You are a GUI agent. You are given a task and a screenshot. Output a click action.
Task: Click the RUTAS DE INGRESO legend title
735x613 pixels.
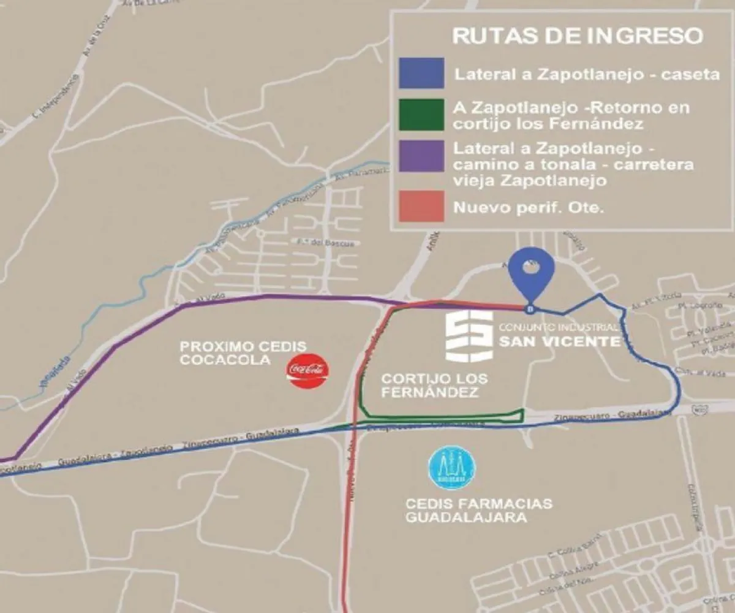[x=576, y=35]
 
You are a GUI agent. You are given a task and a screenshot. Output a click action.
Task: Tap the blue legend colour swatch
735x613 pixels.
[x=421, y=74]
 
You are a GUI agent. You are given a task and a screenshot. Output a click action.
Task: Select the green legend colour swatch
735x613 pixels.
[x=421, y=115]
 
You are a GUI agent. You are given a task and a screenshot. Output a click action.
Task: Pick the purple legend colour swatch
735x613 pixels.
[x=421, y=156]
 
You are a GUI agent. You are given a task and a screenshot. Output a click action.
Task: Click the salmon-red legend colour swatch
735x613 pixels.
[x=421, y=206]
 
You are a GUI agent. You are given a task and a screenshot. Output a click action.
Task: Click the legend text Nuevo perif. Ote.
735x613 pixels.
[x=528, y=208]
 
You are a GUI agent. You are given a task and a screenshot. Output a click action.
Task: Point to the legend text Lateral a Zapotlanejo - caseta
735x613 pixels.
[x=586, y=75]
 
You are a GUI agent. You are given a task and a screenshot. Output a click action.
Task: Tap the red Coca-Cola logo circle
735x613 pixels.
[x=307, y=370]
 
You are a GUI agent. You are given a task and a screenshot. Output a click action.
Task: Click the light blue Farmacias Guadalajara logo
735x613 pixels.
[x=452, y=469]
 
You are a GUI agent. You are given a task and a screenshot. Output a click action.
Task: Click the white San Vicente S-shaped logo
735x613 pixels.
[x=468, y=335]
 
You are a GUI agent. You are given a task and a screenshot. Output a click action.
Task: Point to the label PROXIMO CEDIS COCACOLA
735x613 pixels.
[x=243, y=354]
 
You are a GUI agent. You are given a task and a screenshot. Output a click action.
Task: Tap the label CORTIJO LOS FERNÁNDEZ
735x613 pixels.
[x=434, y=386]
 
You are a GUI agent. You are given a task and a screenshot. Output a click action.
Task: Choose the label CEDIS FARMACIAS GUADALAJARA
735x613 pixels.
[x=478, y=511]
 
